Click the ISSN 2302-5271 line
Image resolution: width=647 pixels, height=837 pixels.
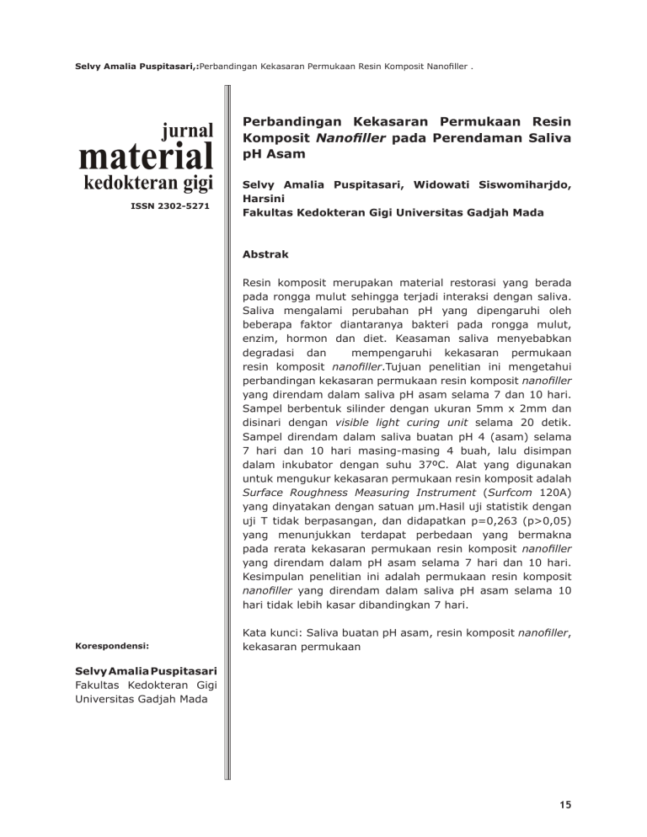point(172,205)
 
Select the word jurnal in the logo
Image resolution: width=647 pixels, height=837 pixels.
point(183,129)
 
